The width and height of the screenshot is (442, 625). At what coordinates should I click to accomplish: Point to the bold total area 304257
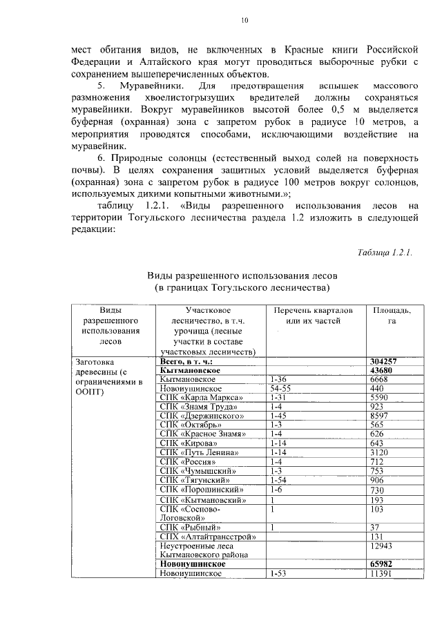pos(387,361)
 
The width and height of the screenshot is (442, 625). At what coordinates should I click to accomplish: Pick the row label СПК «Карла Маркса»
pos(201,398)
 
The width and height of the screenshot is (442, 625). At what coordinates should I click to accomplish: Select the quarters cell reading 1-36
pos(279,379)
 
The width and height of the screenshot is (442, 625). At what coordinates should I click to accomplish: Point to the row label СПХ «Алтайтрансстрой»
pos(207,537)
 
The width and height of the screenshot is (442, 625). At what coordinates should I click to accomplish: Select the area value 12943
pos(384,546)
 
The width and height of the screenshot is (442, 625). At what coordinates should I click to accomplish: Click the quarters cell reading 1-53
pos(279,573)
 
